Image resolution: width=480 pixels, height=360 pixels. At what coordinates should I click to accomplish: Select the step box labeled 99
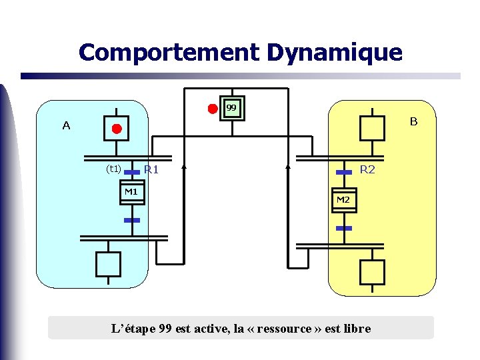pos(231,108)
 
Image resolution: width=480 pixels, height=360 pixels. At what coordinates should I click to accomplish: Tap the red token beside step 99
pos(212,108)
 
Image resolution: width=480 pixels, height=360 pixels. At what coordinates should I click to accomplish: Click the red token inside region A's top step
pos(117,128)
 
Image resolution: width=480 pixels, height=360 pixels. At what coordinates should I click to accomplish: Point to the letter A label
pos(66,125)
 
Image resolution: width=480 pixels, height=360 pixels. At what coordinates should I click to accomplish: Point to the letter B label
pos(413,122)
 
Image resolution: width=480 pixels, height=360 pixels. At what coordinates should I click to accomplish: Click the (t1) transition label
pos(113,169)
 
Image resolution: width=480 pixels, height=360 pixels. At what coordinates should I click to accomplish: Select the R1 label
pos(151,170)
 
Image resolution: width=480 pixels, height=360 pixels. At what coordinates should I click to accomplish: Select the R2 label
pos(367,169)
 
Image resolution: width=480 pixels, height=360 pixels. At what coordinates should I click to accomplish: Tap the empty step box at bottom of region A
pos(108,264)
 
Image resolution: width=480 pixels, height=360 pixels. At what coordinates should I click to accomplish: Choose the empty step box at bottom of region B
pos(372,272)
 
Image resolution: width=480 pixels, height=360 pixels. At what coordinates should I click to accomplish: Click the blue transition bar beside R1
pos(132,171)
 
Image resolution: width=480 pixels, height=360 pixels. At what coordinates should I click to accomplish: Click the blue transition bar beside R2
pos(343,172)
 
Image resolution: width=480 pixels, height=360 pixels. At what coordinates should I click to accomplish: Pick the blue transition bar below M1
pos(132,219)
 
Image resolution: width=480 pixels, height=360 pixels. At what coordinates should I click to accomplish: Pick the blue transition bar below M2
pos(343,228)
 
